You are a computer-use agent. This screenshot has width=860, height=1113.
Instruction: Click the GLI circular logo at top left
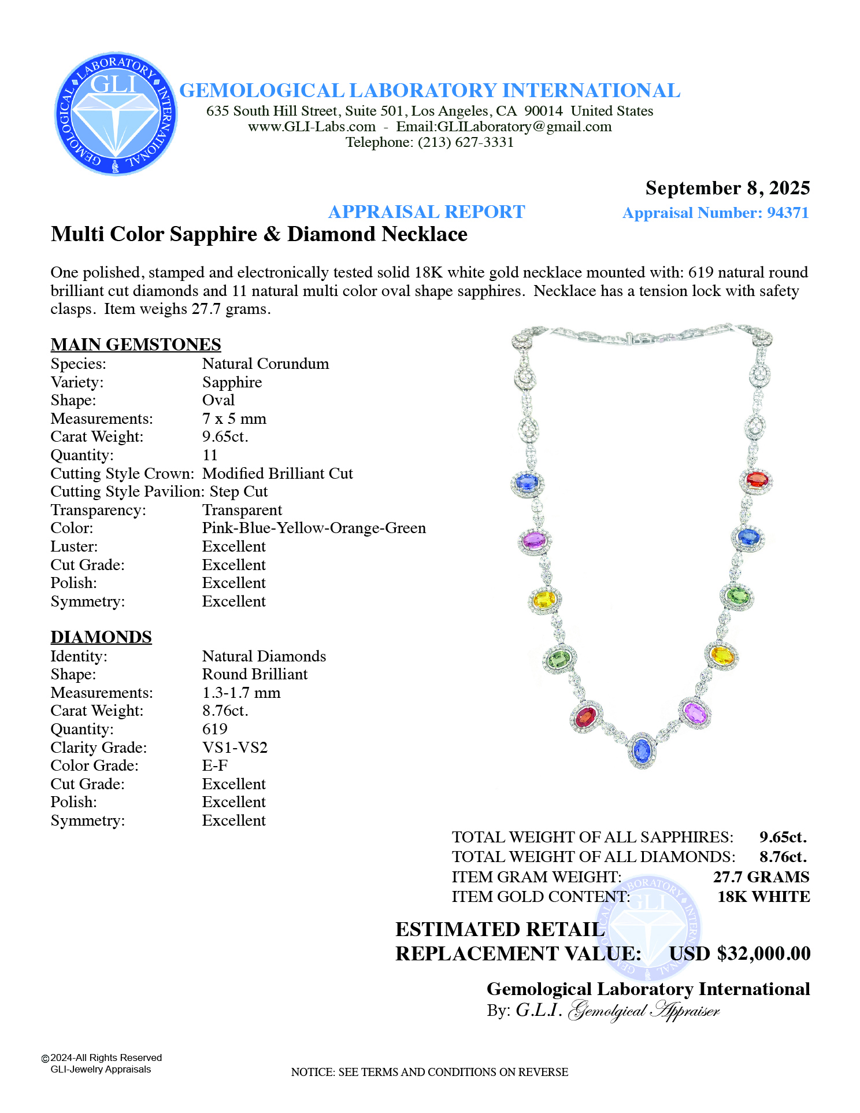(x=116, y=114)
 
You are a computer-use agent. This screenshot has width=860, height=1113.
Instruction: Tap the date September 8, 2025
(x=727, y=188)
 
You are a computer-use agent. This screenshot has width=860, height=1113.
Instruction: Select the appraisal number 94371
(x=787, y=213)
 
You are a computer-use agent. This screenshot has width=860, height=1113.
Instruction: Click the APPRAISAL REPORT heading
(x=427, y=212)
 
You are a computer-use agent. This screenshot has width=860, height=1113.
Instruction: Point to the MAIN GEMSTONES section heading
(x=136, y=344)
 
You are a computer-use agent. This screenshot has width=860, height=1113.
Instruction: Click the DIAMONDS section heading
(x=101, y=637)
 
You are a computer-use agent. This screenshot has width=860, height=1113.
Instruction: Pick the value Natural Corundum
(x=265, y=364)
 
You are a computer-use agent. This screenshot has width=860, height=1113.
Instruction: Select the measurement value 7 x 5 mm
(x=234, y=419)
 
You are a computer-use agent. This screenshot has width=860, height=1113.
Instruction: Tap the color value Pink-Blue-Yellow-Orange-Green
(x=314, y=528)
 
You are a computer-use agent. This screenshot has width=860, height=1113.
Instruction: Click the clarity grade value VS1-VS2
(x=235, y=748)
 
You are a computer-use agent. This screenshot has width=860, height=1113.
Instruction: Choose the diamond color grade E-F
(x=215, y=766)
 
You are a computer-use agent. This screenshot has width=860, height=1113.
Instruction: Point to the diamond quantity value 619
(x=214, y=729)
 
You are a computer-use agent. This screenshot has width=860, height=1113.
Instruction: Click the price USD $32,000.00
(x=740, y=953)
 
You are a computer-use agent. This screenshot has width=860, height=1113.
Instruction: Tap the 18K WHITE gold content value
(x=763, y=897)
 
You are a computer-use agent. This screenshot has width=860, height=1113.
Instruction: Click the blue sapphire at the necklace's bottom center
(x=642, y=750)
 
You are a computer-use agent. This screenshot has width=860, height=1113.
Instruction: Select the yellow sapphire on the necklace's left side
(x=544, y=600)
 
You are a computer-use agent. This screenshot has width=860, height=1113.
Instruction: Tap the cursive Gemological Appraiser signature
(x=644, y=1011)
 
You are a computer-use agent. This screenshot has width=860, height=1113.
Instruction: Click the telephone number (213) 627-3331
(x=466, y=142)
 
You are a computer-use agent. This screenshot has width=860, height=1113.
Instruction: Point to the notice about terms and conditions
(x=429, y=1072)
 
